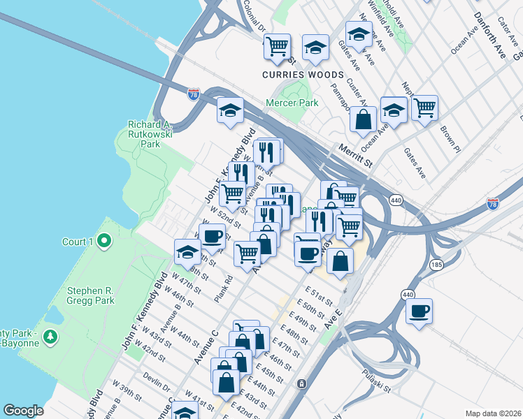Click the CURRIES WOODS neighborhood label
coord(303,75)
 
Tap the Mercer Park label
coord(292,103)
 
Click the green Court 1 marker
coord(105,242)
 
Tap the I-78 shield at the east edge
coord(493,204)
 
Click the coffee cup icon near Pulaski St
coord(419,311)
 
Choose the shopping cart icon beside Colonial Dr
coord(277,46)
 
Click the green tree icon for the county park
coord(50,337)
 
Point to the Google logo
coord(23,411)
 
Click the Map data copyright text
coord(493,413)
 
